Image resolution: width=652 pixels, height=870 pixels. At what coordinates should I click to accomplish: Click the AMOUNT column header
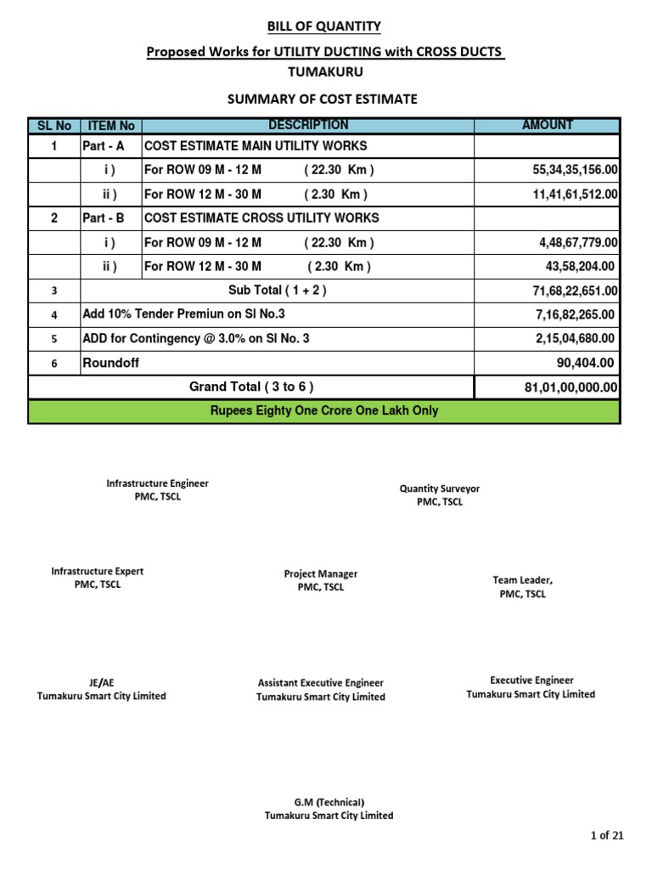pos(547,125)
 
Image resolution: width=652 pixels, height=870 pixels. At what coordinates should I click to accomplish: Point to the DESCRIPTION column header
pos(307,125)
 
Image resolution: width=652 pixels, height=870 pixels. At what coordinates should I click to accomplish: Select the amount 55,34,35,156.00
pos(575,170)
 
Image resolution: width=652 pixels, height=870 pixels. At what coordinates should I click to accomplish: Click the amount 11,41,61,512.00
pos(575,194)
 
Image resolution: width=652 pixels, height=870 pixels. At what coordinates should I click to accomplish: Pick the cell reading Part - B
pos(104,217)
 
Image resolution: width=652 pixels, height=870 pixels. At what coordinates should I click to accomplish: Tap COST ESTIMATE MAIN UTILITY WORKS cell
pos(256,146)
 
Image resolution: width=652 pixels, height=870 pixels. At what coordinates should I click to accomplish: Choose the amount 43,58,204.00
pos(580,266)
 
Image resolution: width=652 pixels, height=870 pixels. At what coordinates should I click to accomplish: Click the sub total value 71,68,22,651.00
pos(575,291)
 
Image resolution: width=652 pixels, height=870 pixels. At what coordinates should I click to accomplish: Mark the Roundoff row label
pos(110,363)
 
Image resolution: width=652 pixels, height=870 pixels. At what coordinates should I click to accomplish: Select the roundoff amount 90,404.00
pos(585,363)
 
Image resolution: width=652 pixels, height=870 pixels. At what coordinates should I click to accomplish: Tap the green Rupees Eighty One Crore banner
pos(324,411)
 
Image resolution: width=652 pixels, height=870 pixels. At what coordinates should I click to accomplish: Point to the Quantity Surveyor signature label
pos(439,495)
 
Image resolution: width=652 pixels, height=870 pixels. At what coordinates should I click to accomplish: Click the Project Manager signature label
pos(321,580)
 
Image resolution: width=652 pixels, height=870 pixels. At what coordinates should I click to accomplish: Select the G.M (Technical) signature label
pos(329,808)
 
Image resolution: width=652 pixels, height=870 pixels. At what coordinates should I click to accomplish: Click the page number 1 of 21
pos(606,836)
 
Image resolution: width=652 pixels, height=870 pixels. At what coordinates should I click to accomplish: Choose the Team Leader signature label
pos(522,587)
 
